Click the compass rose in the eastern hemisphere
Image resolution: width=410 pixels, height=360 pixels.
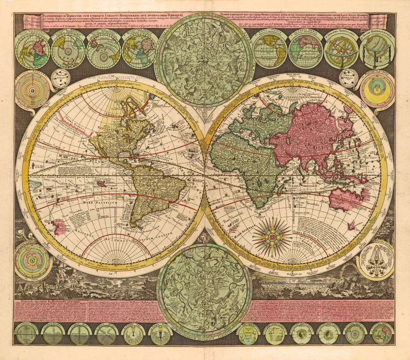tap(272, 235)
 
